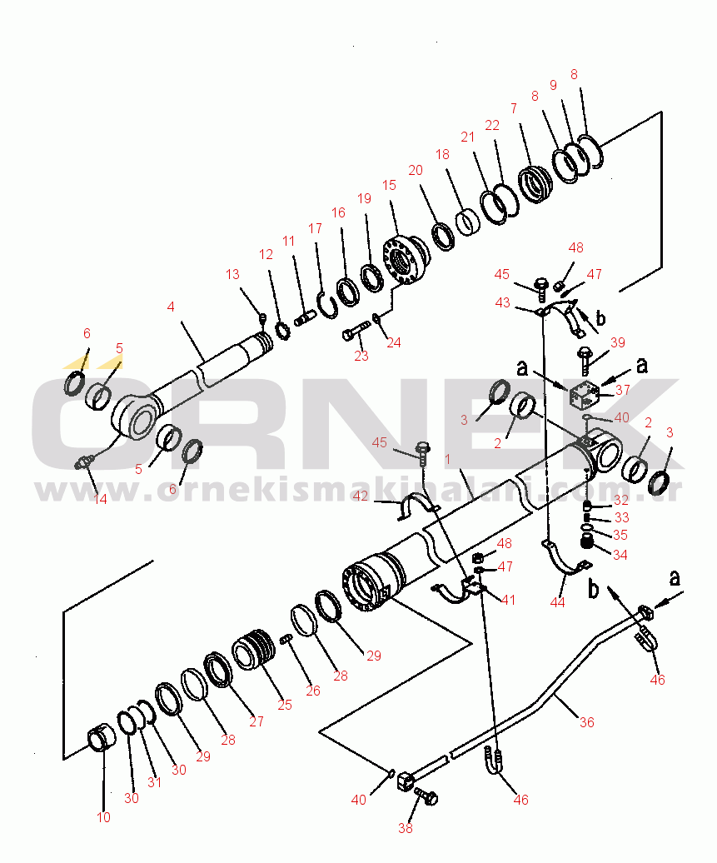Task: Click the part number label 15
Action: tap(388, 185)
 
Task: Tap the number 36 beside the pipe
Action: tap(586, 722)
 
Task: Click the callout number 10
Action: tap(103, 817)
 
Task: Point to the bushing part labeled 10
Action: tap(102, 739)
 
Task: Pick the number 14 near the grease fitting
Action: tap(100, 500)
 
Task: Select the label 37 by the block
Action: tap(622, 391)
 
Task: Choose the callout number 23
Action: tap(361, 356)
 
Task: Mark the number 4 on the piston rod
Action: tap(170, 307)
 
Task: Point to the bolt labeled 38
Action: tap(427, 798)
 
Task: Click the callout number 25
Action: tap(285, 705)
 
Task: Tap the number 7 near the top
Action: tap(513, 108)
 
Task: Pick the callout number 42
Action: tap(360, 496)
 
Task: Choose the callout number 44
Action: tap(557, 601)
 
